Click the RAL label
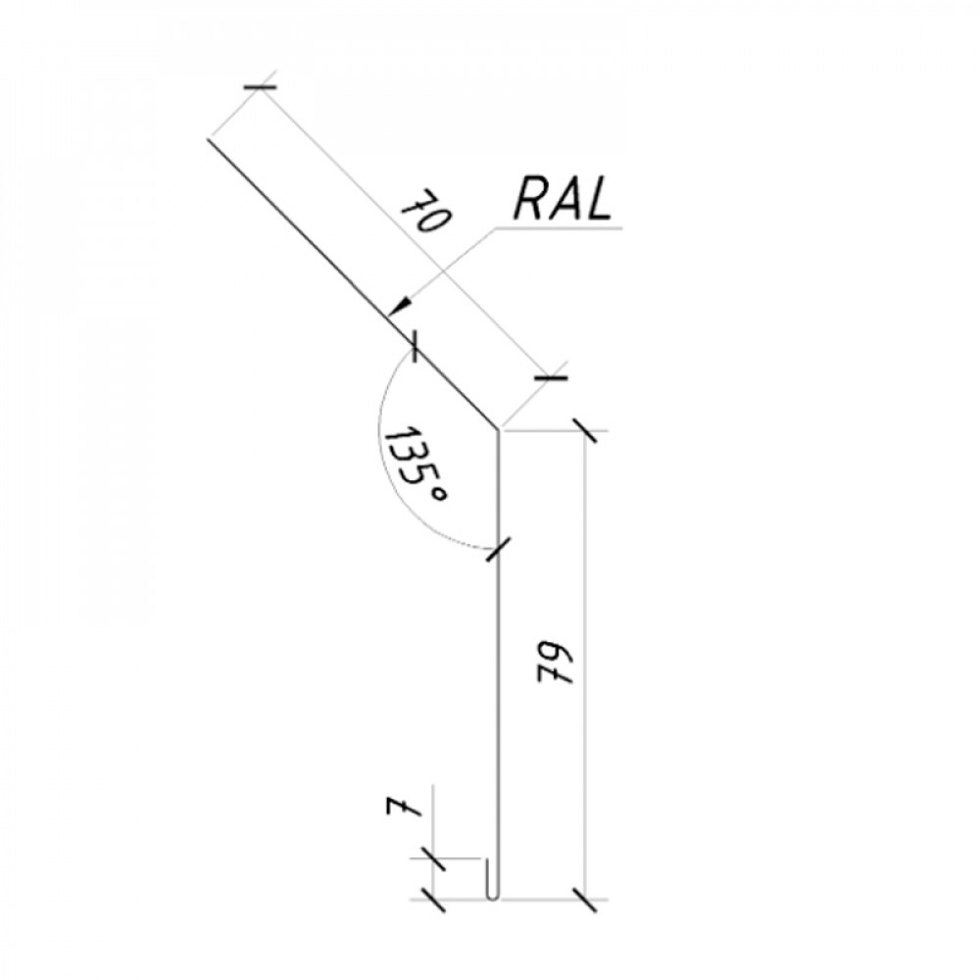tap(562, 200)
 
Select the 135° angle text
tap(415, 466)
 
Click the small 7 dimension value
tap(403, 808)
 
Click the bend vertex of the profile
tap(498, 429)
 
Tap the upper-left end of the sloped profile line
tap(208, 139)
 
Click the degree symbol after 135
tap(440, 496)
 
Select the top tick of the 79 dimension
tap(585, 431)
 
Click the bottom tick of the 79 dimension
tap(585, 900)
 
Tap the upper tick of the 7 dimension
tap(432, 858)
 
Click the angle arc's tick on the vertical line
tap(499, 549)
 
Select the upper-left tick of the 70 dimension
tap(260, 87)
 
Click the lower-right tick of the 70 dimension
tap(551, 377)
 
